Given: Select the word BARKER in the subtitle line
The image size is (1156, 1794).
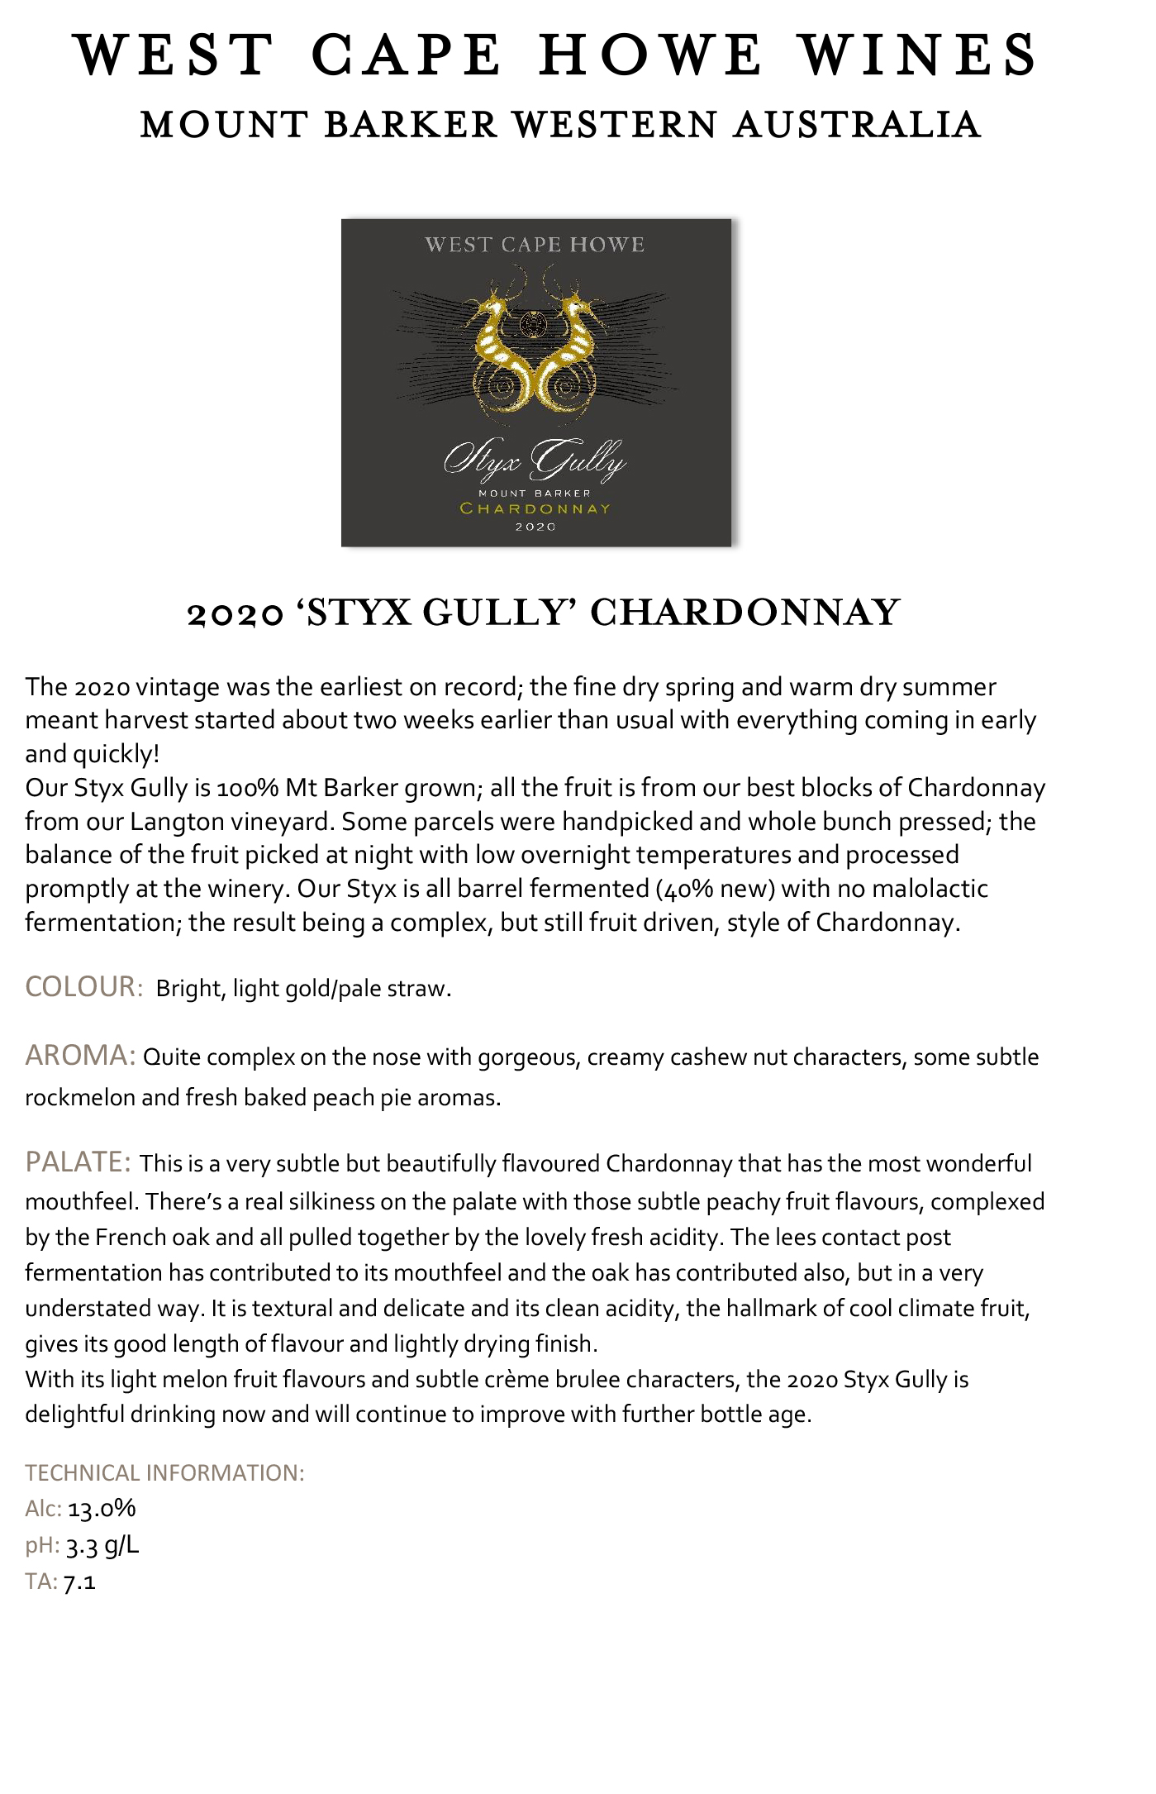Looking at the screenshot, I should coord(411,125).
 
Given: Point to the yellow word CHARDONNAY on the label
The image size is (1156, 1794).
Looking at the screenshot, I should coord(535,508).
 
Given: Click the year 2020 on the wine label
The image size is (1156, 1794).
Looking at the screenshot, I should coord(535,527).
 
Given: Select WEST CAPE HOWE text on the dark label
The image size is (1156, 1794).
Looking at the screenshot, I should coord(535,245).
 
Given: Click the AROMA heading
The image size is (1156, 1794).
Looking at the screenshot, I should coord(80,1056).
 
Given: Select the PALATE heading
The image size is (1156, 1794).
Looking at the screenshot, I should coord(78,1162).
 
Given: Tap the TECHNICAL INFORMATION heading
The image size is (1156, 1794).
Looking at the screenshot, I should coord(164,1472).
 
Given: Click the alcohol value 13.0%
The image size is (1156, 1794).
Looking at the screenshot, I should coord(102,1509).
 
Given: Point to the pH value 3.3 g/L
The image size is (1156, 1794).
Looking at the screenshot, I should coord(102,1545).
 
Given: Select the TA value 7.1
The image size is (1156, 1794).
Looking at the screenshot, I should coord(79,1582).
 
